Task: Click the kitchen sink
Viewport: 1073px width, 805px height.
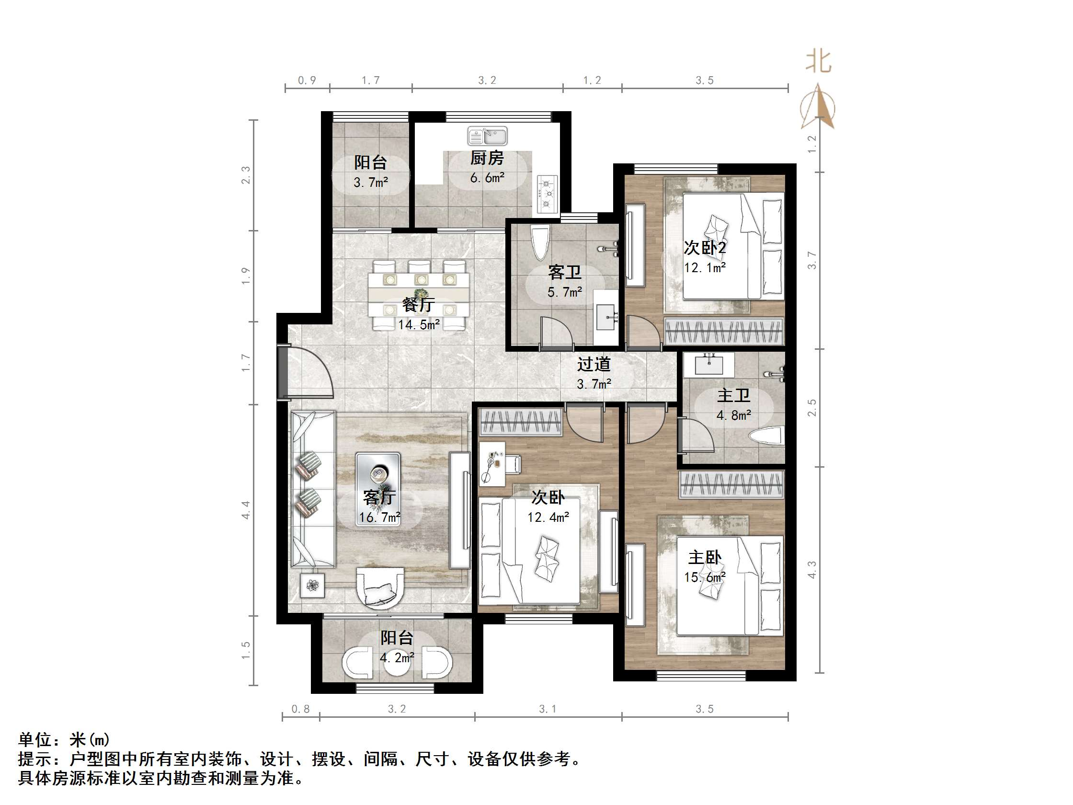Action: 488,137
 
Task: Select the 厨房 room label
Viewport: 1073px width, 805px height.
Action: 487,158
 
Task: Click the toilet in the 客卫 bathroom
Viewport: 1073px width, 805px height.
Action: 540,243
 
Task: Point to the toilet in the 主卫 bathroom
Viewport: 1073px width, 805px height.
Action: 766,436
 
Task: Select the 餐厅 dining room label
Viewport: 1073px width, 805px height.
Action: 418,305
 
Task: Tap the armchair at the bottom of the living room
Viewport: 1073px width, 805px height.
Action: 380,587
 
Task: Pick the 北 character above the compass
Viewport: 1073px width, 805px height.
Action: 819,62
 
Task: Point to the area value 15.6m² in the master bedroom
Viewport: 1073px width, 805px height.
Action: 705,577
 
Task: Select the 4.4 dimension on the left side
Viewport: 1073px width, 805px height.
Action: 245,510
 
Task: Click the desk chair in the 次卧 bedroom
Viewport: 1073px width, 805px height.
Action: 513,464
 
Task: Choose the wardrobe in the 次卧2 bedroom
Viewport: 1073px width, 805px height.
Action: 724,332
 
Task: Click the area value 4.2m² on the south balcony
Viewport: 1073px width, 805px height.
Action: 397,658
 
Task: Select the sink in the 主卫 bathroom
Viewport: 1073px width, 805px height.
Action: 708,365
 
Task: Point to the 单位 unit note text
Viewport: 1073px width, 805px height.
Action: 34,740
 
